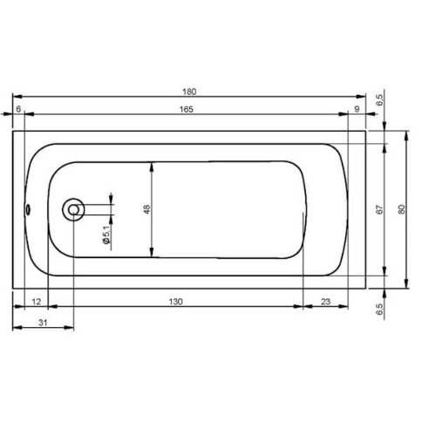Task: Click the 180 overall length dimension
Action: coord(189,92)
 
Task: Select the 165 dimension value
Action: coord(186,109)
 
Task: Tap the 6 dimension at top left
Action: coord(18,109)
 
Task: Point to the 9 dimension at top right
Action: coord(357,109)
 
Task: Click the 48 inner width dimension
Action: coord(147,209)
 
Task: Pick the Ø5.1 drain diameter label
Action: coord(106,235)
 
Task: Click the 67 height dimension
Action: coord(379,209)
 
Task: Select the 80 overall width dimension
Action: coord(401,209)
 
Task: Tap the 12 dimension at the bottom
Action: coord(36,302)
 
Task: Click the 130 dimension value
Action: coord(176,302)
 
